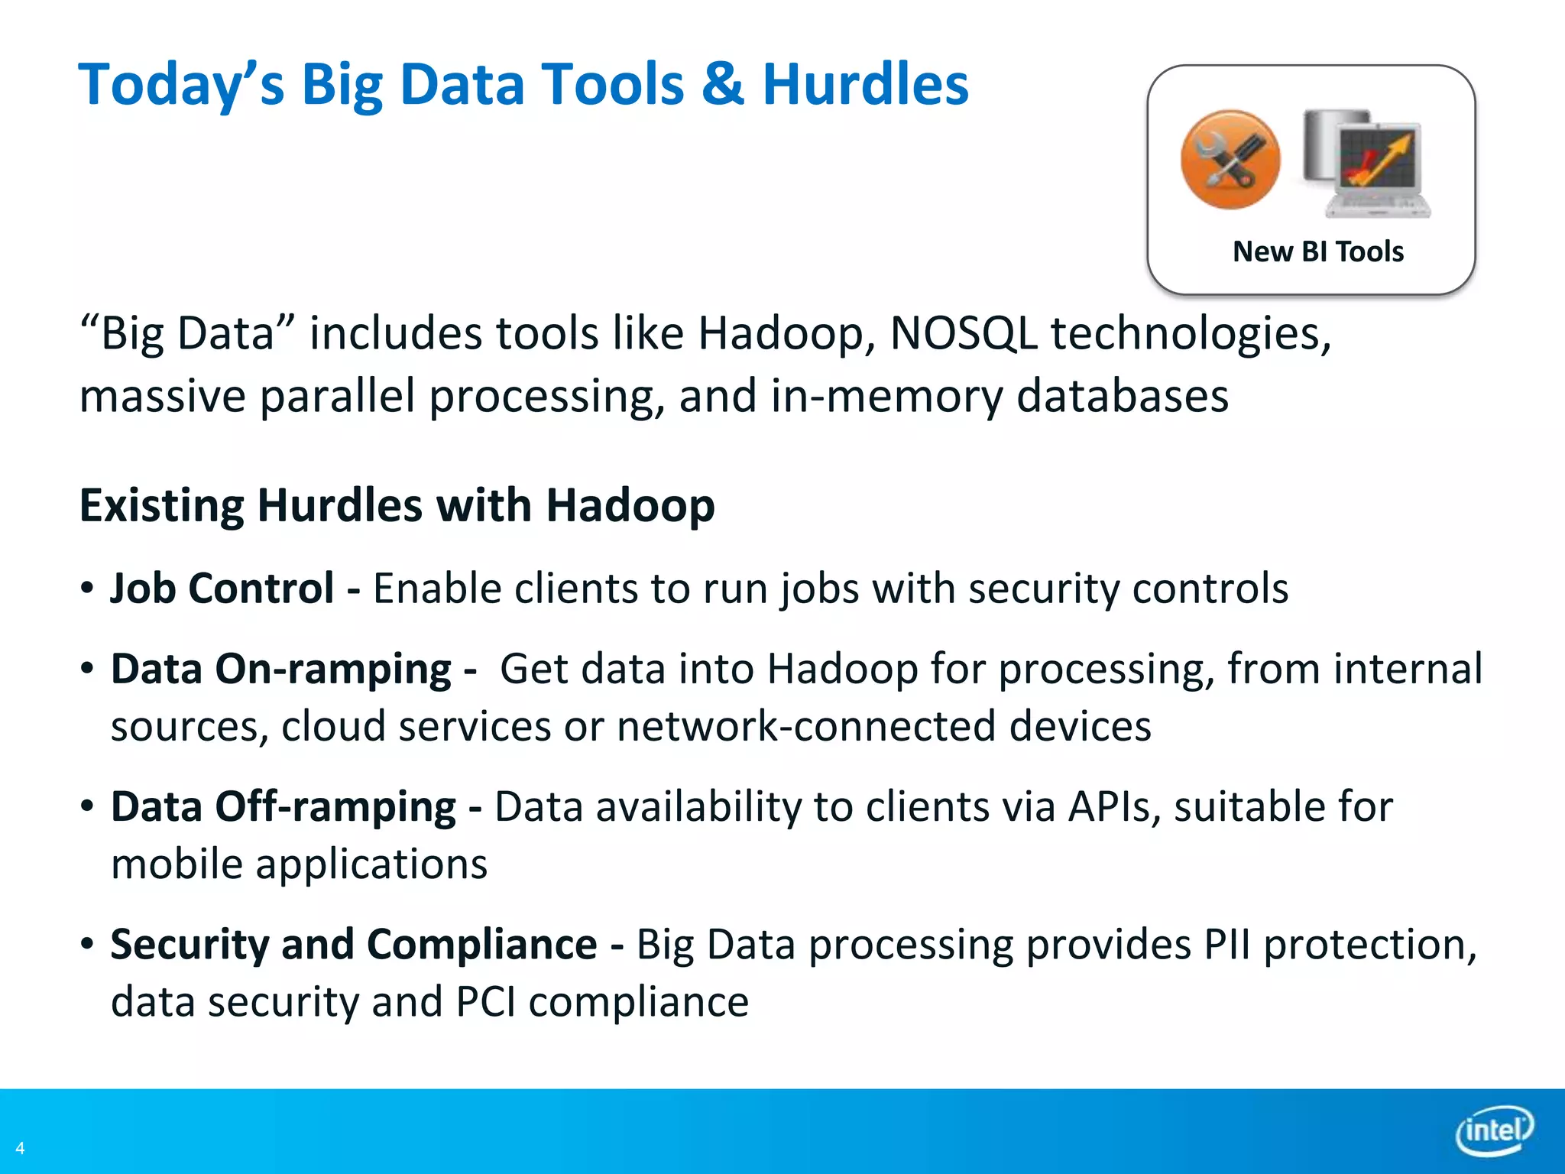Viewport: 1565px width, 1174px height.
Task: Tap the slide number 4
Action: click(20, 1148)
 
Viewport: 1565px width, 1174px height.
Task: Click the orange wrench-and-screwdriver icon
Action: click(1230, 160)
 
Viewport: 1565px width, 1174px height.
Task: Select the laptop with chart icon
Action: click(1368, 163)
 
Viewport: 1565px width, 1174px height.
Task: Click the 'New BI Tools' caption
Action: click(1318, 251)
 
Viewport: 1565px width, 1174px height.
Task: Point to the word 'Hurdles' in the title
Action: click(865, 84)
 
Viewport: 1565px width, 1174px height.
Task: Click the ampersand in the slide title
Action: click(722, 84)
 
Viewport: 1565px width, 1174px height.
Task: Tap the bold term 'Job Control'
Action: click(222, 589)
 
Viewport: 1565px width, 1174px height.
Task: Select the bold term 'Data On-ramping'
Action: click(281, 670)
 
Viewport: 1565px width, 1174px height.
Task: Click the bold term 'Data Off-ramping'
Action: click(284, 807)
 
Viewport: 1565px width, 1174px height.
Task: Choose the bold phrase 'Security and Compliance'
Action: click(354, 945)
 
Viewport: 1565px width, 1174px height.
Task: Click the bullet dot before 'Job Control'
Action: click(87, 589)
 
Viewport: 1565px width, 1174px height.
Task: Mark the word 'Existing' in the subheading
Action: click(161, 506)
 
